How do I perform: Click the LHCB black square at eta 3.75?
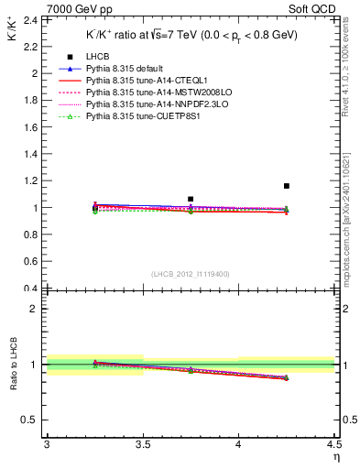coord(191,199)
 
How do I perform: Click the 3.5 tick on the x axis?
coord(142,445)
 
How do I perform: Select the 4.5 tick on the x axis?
coord(334,445)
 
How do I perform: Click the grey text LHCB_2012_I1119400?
coord(190,274)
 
